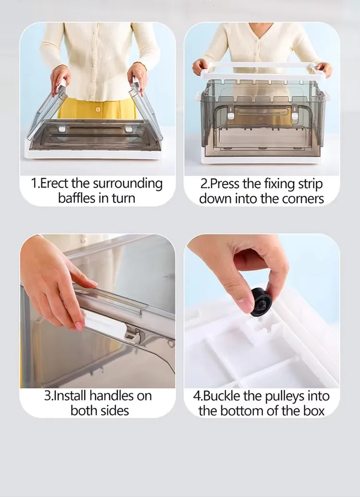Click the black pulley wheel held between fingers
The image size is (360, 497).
[261, 302]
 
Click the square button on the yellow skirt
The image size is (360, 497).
[98, 109]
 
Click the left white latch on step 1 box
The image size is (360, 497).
[62, 129]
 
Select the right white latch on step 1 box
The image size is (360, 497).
[128, 129]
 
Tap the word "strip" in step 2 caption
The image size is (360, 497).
[311, 184]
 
